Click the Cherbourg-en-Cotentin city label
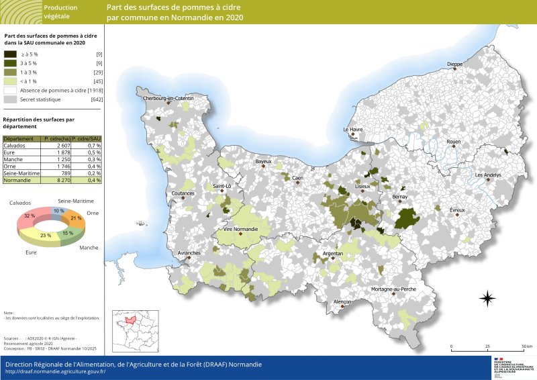[x=168, y=99]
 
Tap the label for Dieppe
[x=455, y=64]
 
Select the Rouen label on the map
[x=454, y=142]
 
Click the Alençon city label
[x=342, y=302]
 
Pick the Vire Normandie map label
[x=240, y=230]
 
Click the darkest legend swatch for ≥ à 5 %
[x=10, y=54]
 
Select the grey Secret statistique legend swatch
[x=10, y=99]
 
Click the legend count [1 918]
[x=92, y=90]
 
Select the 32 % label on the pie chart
[x=29, y=216]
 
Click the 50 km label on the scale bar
[x=527, y=346]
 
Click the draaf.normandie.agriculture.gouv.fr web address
[x=55, y=371]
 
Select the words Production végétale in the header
[x=60, y=11]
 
